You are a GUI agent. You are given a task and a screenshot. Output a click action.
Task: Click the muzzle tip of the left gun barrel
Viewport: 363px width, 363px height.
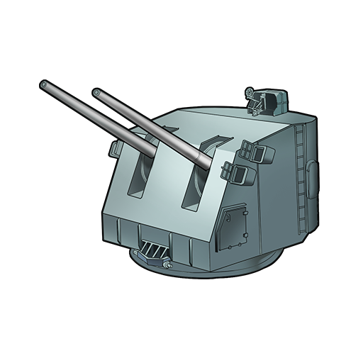click(44, 86)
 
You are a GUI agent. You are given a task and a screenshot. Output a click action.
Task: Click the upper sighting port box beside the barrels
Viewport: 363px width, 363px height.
click(251, 150)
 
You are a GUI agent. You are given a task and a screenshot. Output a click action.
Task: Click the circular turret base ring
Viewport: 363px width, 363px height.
click(234, 266)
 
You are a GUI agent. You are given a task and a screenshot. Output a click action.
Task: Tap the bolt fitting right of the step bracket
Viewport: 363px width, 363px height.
click(167, 265)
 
